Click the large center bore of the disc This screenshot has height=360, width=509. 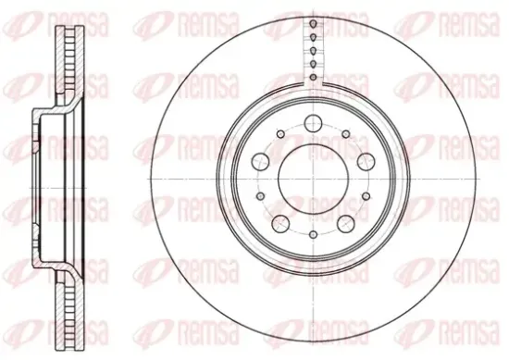[x=313, y=179]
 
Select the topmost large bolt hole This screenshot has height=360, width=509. [x=313, y=123]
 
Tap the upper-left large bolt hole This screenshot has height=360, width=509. [x=261, y=161]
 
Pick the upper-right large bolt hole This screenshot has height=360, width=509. [x=366, y=161]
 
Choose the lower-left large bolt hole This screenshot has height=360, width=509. [x=280, y=223]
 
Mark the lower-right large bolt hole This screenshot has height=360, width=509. [x=346, y=223]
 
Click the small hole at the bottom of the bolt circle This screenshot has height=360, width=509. [x=313, y=234]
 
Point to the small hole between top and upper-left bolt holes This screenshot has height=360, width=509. [x=280, y=134]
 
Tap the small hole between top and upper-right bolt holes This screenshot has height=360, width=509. [x=346, y=134]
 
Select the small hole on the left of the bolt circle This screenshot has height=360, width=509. [x=260, y=196]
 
